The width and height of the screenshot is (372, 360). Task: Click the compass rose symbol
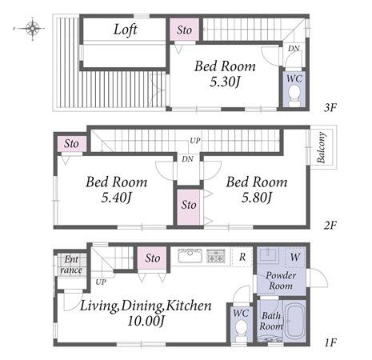tap(32, 28)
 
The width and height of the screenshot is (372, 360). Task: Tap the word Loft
tap(126, 30)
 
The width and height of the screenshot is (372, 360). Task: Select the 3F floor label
tap(330, 108)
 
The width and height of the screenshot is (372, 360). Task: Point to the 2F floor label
tap(330, 226)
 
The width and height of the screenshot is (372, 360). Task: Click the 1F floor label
tap(330, 342)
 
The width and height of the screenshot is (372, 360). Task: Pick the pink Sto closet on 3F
tap(184, 30)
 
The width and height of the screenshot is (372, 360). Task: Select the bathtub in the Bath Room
tap(295, 322)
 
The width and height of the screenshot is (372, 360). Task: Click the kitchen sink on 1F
tap(190, 255)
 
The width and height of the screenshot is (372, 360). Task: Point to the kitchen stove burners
tap(216, 255)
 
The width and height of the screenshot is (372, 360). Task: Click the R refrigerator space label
tap(242, 257)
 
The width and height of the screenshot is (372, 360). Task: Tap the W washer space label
tap(295, 258)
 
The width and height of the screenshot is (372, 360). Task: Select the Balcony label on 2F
tap(322, 147)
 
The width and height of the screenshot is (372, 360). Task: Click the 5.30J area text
tap(225, 82)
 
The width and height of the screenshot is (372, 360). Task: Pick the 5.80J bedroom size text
tap(256, 198)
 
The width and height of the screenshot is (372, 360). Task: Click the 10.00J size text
tap(146, 321)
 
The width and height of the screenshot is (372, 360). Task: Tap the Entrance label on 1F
tap(71, 265)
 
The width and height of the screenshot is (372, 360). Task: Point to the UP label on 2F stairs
tap(195, 141)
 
